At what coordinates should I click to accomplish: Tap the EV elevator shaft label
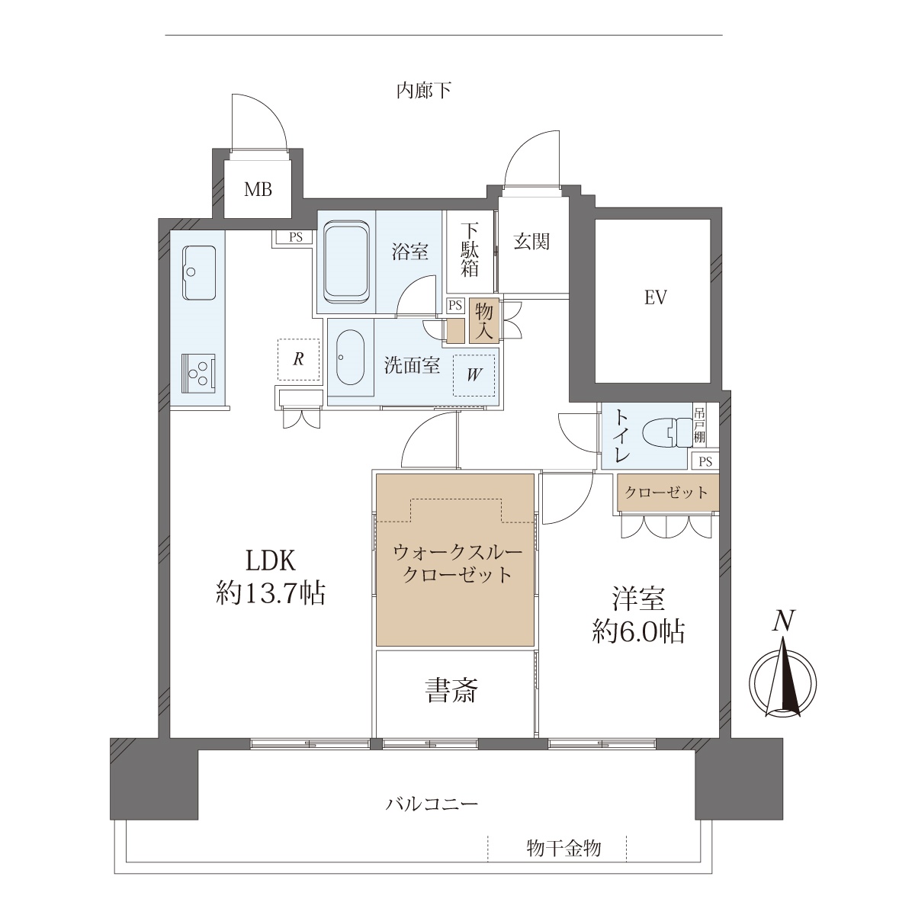655,297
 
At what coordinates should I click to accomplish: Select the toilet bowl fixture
668,432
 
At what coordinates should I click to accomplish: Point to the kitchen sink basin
199,272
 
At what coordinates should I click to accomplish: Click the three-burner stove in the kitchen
199,373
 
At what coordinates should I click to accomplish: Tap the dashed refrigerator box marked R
298,359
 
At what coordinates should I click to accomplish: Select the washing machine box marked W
474,375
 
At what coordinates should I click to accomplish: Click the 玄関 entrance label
531,242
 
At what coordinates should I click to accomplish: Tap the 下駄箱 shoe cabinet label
470,250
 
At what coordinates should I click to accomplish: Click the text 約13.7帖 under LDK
271,593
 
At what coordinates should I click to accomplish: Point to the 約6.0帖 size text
638,632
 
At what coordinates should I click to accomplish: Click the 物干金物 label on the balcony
563,848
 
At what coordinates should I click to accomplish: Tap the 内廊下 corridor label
423,90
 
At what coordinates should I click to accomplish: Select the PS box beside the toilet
705,461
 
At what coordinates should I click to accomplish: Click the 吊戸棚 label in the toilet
699,425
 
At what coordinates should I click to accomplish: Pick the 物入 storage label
484,321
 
